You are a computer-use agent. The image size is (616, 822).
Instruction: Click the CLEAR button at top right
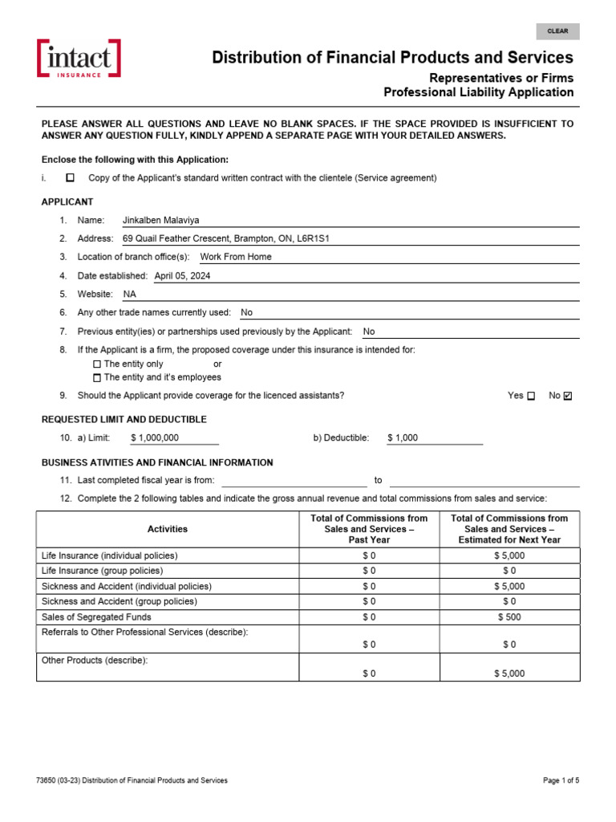(557, 31)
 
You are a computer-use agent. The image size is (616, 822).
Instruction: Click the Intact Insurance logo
(79, 59)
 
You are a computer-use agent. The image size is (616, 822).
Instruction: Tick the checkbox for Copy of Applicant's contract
(70, 177)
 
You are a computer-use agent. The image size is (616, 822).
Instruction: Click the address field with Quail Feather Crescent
(226, 238)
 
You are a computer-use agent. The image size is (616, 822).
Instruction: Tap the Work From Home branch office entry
(236, 257)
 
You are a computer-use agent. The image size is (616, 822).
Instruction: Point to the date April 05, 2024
(182, 275)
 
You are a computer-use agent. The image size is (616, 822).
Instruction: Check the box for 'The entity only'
(97, 364)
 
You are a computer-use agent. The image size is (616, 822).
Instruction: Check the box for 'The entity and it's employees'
(97, 377)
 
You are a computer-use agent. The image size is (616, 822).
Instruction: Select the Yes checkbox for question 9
(531, 396)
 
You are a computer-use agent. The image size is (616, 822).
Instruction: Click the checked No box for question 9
(569, 396)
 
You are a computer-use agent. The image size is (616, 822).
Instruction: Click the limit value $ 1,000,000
(154, 437)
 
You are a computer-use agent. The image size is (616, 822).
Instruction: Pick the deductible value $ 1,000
(403, 437)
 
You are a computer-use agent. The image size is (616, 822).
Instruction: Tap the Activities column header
(168, 529)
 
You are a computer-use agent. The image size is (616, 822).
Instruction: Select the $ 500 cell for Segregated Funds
(509, 616)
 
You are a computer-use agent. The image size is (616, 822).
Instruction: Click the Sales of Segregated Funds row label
(96, 616)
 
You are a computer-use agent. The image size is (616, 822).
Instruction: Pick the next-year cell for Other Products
(509, 673)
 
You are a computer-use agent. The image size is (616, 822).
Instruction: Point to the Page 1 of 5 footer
(561, 780)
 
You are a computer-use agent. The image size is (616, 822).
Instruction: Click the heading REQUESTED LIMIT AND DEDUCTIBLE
(124, 419)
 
